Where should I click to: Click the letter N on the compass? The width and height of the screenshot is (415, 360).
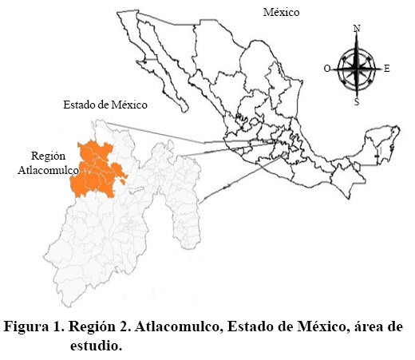(356, 30)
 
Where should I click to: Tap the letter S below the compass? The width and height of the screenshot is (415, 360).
(356, 102)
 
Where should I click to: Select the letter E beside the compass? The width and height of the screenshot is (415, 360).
(387, 69)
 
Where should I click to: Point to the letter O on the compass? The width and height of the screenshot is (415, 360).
(327, 69)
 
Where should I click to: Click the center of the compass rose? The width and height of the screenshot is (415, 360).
(357, 68)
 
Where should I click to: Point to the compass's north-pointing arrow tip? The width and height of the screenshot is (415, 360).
(357, 40)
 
